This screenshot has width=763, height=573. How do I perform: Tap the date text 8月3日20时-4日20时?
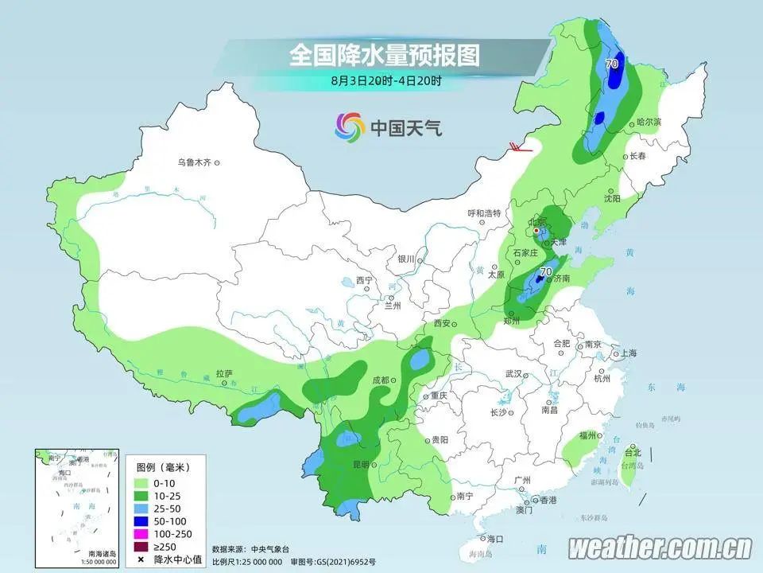[x=385, y=80]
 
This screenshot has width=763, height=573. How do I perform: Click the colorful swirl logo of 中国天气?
[x=349, y=126]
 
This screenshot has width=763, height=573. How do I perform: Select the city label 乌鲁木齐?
[x=194, y=162]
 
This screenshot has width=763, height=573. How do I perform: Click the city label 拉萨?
[x=223, y=372]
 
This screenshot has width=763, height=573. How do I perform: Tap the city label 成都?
[x=381, y=380]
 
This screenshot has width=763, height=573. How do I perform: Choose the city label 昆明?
[x=362, y=464]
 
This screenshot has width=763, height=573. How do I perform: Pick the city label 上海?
[x=628, y=353]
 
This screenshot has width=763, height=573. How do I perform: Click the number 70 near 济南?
[x=545, y=272]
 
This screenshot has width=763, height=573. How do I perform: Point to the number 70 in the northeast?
[x=612, y=64]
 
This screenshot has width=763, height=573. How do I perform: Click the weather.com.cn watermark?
[x=660, y=548]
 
